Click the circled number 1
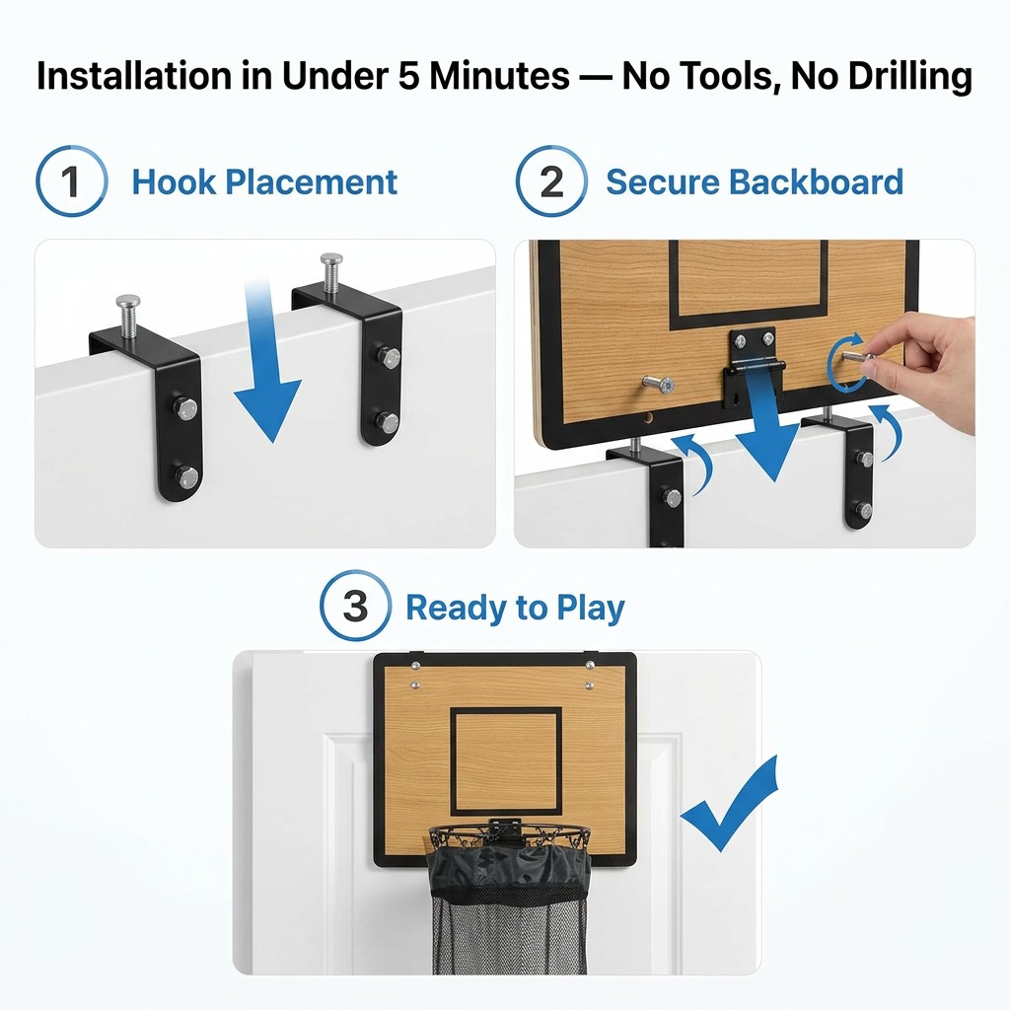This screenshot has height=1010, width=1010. tap(71, 181)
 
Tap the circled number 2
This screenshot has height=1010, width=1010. tap(551, 181)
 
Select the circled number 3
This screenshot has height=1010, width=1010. tap(355, 606)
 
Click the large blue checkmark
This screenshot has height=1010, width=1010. tap(729, 804)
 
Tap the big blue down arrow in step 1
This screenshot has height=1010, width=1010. tap(264, 361)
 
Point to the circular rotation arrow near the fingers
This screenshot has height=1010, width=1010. tap(846, 363)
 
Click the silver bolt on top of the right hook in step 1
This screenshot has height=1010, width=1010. tap(331, 272)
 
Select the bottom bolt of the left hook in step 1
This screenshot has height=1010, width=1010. tap(186, 477)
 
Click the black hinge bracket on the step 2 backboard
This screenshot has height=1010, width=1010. tap(751, 367)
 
